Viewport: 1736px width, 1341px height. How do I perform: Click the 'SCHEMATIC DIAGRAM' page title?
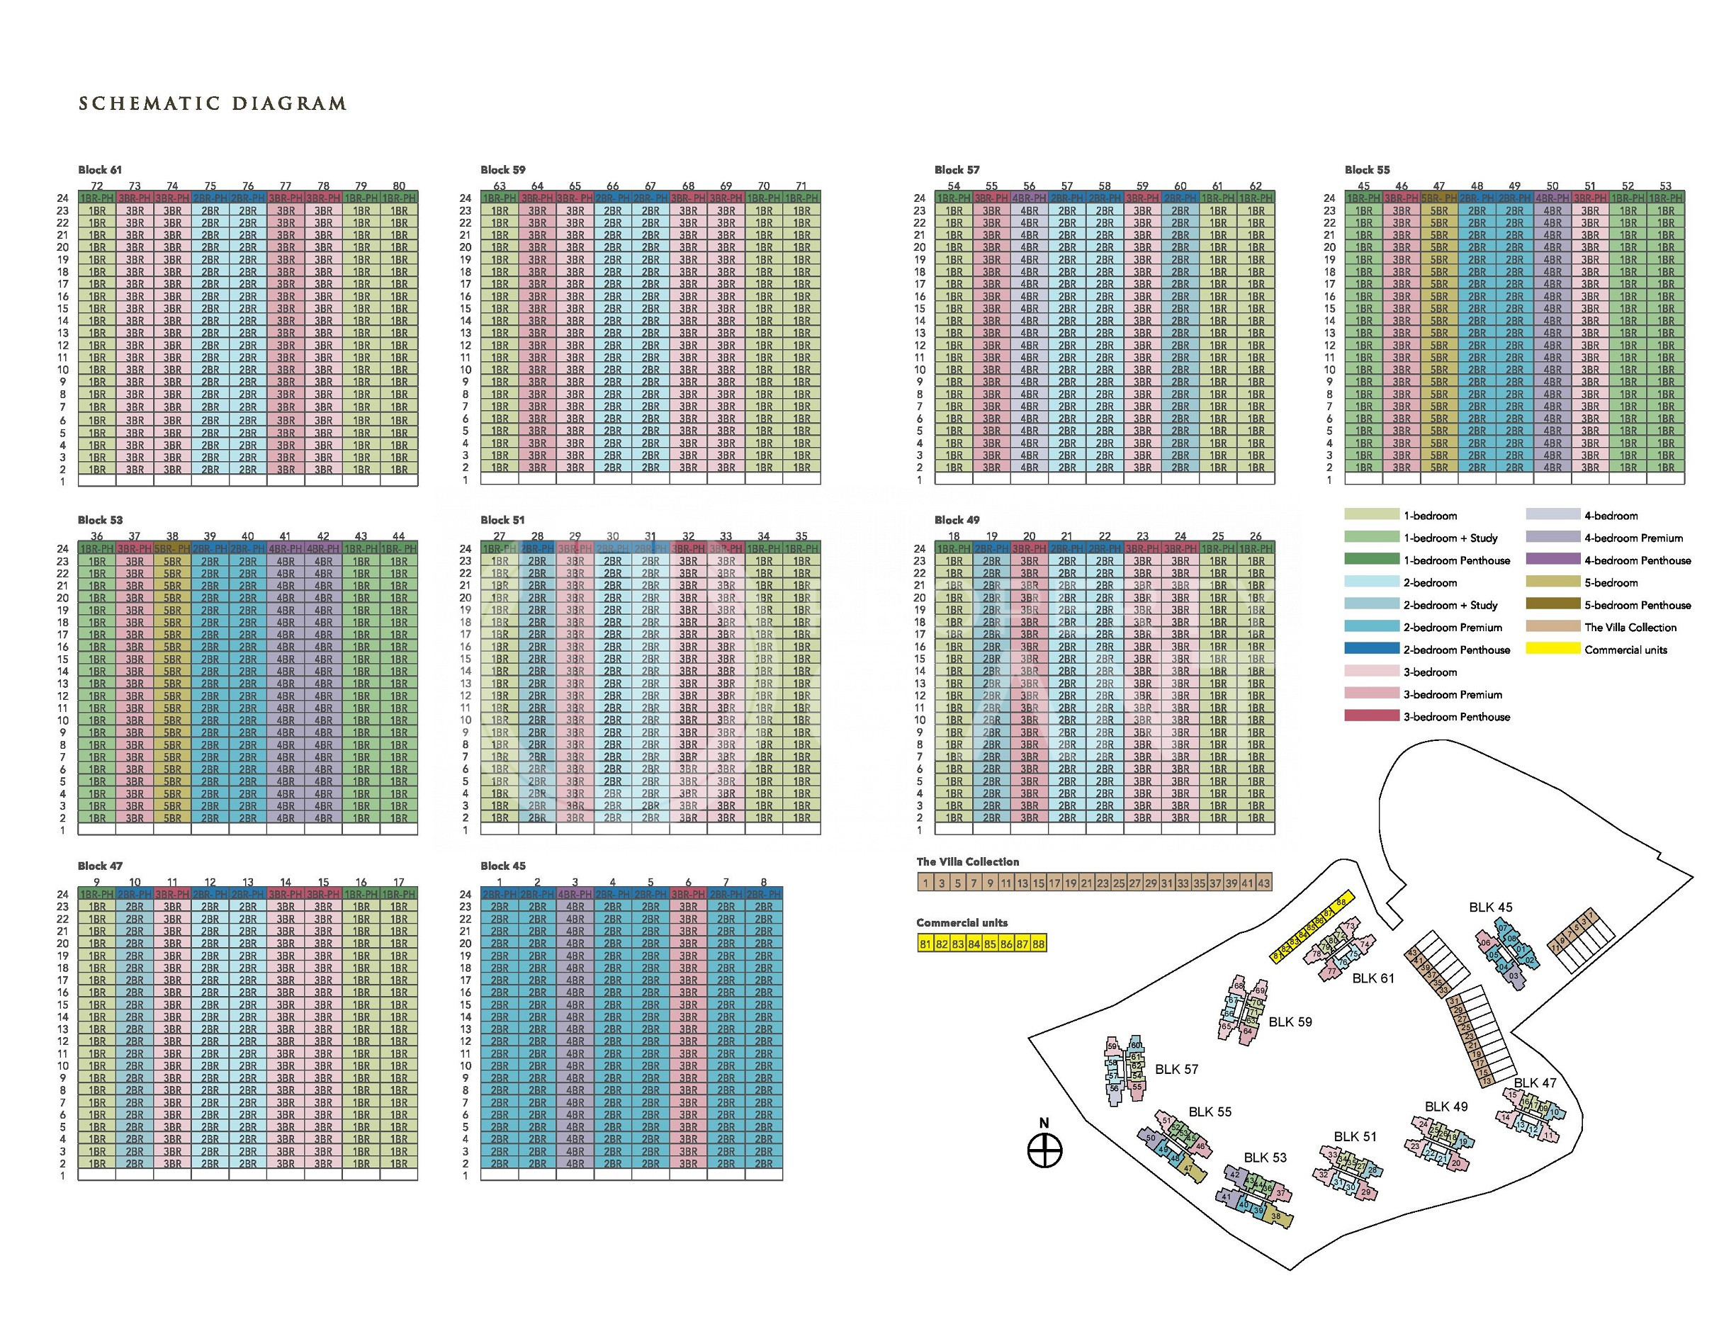click(213, 103)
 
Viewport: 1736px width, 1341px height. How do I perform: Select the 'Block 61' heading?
click(100, 169)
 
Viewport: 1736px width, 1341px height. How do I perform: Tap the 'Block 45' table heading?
click(502, 866)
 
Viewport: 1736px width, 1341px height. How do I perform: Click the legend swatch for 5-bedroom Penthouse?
click(1552, 604)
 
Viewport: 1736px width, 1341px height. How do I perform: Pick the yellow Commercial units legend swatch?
click(1552, 649)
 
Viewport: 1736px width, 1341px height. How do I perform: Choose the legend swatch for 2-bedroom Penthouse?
click(1371, 649)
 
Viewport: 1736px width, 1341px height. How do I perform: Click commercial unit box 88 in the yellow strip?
click(1038, 944)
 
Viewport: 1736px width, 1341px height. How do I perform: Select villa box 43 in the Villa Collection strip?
click(1264, 883)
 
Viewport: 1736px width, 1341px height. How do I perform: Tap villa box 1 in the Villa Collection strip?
click(925, 883)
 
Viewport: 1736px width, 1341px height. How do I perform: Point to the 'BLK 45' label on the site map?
click(1490, 907)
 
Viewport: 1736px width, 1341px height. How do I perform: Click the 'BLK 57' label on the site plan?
click(1176, 1069)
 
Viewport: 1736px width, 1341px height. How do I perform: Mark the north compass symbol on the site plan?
click(1044, 1150)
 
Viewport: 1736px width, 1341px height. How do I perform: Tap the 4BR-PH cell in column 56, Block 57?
click(1030, 198)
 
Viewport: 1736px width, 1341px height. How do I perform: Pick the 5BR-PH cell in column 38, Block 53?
click(172, 548)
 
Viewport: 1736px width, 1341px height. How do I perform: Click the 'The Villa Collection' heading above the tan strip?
click(967, 861)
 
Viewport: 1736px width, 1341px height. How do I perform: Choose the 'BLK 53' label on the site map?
click(1265, 1158)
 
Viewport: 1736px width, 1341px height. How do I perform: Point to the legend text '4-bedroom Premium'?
click(1633, 538)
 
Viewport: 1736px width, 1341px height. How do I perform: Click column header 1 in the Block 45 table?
click(499, 881)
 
